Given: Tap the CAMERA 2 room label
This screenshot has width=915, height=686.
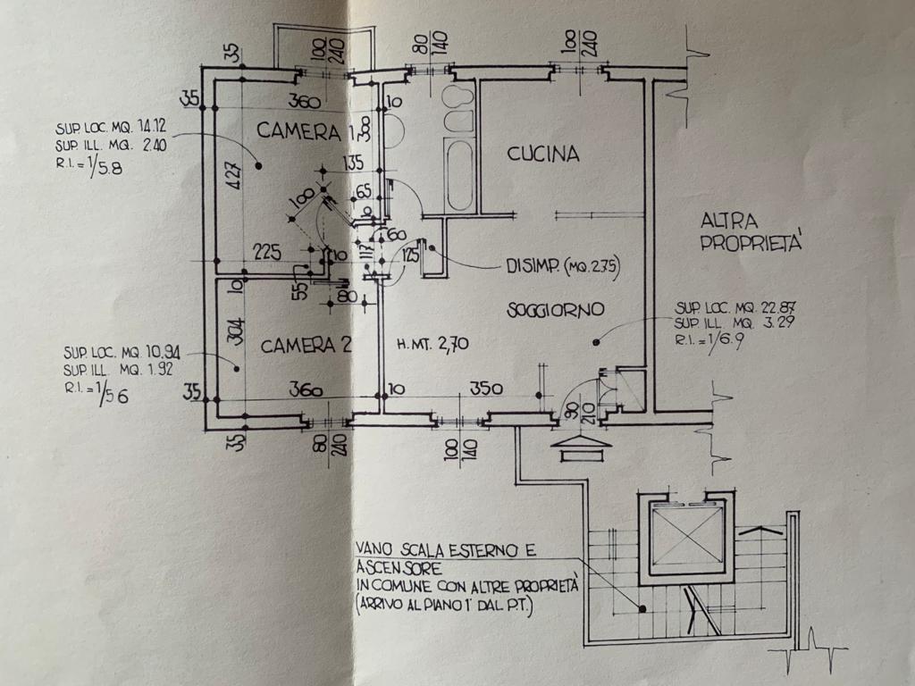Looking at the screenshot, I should [306, 346].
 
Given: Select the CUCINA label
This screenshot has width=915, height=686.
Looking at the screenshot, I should [543, 155].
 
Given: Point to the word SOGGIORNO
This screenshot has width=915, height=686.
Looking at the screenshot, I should [556, 310].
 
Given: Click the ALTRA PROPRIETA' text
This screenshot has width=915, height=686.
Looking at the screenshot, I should [752, 231].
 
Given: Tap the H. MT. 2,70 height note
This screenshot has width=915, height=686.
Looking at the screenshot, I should [433, 343].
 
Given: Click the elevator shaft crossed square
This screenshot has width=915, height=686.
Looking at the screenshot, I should [686, 538].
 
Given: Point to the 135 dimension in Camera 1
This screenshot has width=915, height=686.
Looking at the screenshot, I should [355, 163].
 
